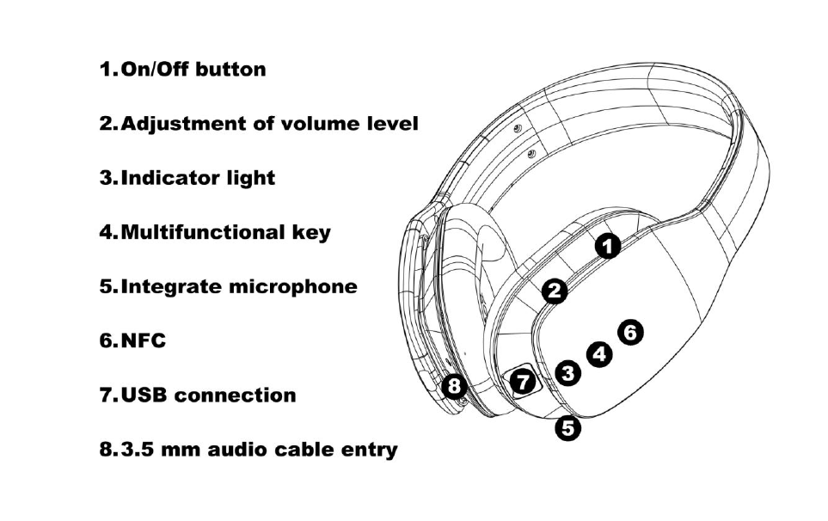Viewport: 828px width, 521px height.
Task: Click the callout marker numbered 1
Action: (609, 247)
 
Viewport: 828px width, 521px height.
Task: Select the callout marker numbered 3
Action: (567, 372)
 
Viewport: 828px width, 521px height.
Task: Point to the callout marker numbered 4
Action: (599, 352)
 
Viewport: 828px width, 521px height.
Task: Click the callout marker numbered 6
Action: (630, 332)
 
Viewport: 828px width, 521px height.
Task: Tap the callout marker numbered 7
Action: (523, 382)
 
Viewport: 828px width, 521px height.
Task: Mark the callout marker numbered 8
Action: (456, 387)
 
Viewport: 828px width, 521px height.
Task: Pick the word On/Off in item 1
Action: (155, 70)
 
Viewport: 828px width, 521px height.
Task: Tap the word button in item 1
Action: (230, 70)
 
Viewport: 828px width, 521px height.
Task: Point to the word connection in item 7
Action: (241, 395)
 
